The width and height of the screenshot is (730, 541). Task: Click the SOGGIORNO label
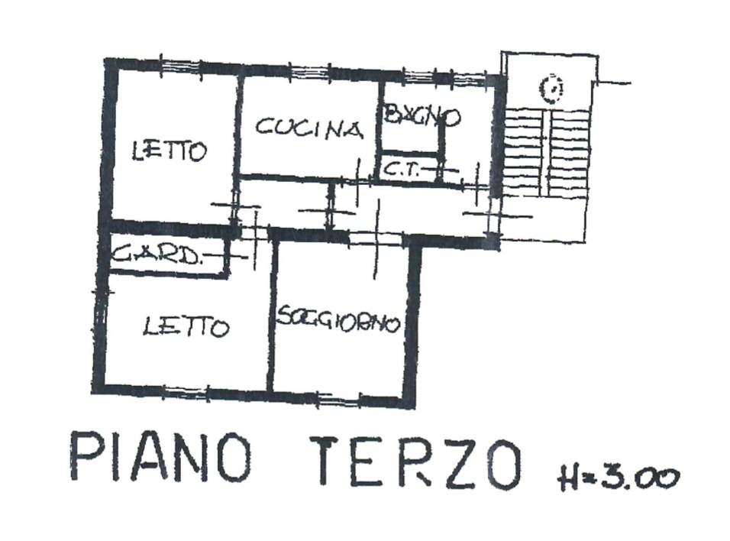click(338, 319)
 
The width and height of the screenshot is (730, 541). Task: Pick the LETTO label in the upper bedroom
click(169, 151)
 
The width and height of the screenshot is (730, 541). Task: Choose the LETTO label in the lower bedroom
click(186, 326)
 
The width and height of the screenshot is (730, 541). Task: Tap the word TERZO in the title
click(419, 462)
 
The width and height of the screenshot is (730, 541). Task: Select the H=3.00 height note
click(619, 477)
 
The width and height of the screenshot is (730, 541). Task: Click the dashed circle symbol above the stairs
click(551, 89)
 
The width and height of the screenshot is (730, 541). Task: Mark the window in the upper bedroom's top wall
click(181, 67)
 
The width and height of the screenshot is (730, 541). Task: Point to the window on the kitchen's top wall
click(310, 71)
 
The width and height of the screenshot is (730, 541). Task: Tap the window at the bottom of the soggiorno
click(339, 400)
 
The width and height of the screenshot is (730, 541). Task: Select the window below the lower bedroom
click(186, 392)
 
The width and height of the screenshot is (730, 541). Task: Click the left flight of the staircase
click(525, 152)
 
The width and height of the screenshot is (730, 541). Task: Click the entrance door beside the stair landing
click(493, 215)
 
